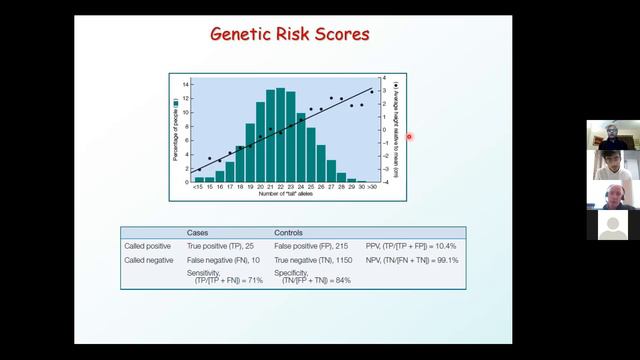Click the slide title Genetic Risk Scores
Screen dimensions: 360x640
[x=290, y=35]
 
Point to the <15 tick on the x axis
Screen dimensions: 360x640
[x=198, y=187]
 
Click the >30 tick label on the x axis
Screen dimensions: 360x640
[x=372, y=187]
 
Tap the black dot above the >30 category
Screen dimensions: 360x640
[x=372, y=92]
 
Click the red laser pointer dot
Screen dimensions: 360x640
[x=409, y=136]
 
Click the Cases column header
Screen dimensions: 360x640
[x=198, y=232]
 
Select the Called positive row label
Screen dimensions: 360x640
[x=146, y=245]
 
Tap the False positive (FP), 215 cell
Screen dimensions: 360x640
[x=313, y=245]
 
